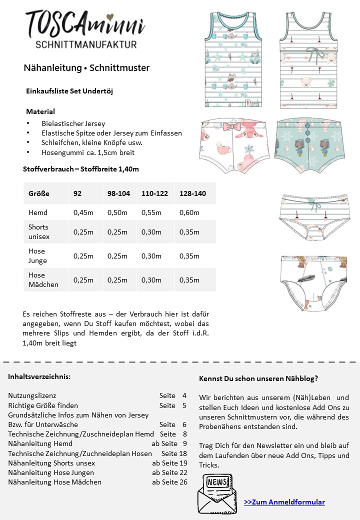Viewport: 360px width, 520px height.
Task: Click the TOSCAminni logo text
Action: coord(85,24)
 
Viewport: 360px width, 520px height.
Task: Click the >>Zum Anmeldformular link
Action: coord(284,502)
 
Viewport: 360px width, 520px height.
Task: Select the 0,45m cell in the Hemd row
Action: coord(83,213)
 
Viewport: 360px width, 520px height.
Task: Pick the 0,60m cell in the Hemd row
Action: coord(189,213)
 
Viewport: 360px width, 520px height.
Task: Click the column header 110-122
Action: coord(155,193)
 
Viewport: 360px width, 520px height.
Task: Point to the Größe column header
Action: coord(39,193)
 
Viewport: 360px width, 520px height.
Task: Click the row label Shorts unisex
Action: coord(39,232)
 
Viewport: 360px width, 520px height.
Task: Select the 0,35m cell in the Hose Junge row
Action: coord(189,256)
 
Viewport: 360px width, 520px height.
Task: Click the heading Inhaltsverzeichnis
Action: coord(39,376)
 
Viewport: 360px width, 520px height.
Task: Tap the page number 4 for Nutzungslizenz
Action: coord(184,395)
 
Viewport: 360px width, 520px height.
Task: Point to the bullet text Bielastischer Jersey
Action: coord(73,123)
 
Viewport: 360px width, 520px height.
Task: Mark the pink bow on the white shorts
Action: coord(231,124)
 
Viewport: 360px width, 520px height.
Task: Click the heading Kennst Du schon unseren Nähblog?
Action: coord(258,378)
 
